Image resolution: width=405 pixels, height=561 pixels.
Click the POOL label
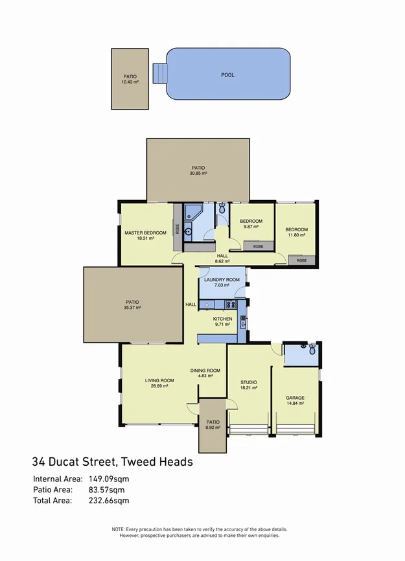pos(227,75)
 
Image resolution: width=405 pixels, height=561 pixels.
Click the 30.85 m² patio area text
pos(198,174)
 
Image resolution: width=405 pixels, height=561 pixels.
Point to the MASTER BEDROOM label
pos(146,233)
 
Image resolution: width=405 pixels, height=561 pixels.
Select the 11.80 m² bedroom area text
pos(297,235)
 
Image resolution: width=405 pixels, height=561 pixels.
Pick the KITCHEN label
pos(223,319)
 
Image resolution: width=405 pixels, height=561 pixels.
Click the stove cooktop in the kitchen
pos(230,304)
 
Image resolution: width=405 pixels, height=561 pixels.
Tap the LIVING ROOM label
pos(159,380)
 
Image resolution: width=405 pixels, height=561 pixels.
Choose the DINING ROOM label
pos(205,371)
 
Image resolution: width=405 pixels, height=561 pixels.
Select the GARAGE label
pos(295,398)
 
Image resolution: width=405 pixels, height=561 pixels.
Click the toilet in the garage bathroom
pos(312,350)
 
